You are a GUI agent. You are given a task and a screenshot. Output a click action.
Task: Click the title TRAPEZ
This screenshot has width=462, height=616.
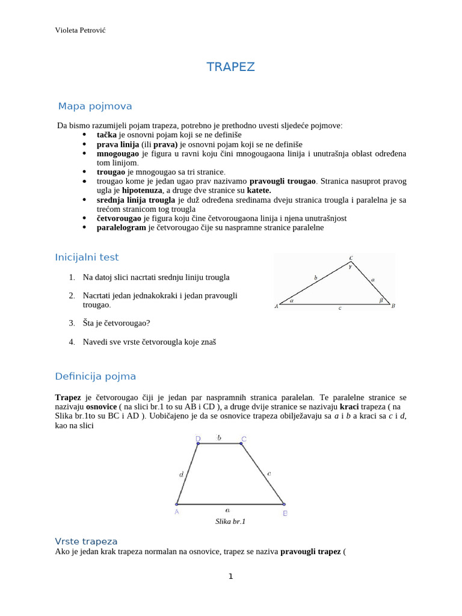pyautogui.click(x=230, y=67)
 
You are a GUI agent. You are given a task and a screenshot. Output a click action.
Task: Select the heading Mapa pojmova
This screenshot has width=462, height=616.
pyautogui.click(x=94, y=106)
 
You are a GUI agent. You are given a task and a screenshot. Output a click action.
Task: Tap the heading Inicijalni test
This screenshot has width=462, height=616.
pyautogui.click(x=87, y=257)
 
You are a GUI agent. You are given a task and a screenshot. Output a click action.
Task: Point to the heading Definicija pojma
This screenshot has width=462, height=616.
pyautogui.click(x=95, y=377)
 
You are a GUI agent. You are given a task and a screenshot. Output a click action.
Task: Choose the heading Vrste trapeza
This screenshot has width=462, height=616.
pyautogui.click(x=86, y=541)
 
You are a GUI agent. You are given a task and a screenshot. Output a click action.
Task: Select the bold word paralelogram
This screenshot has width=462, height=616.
pyautogui.click(x=122, y=227)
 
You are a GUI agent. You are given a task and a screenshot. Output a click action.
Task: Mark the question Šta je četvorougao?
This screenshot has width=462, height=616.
pyautogui.click(x=117, y=323)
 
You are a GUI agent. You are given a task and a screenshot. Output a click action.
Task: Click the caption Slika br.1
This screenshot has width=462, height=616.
pyautogui.click(x=230, y=522)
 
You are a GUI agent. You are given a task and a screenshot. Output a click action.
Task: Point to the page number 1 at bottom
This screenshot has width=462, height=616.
pyautogui.click(x=230, y=577)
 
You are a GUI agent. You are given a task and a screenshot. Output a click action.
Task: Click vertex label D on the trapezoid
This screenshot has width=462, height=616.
pyautogui.click(x=197, y=439)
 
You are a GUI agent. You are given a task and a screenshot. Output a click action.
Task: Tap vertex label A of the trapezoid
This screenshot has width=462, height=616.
pyautogui.click(x=177, y=513)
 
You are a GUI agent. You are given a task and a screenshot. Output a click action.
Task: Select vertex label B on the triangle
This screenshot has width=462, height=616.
pyautogui.click(x=393, y=306)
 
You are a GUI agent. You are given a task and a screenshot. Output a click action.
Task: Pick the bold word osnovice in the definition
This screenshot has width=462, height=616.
pyautogui.click(x=101, y=407)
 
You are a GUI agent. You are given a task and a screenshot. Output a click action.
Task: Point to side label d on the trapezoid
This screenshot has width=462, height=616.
pyautogui.click(x=182, y=475)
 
